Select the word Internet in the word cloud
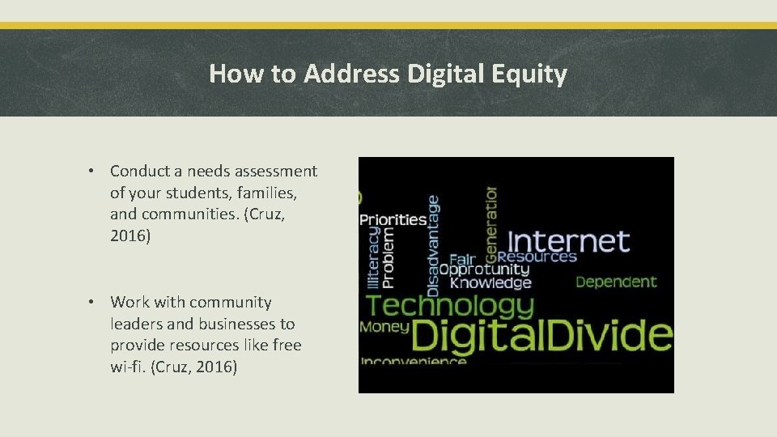[x=567, y=241]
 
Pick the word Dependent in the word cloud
[x=616, y=282]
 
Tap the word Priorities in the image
[x=393, y=219]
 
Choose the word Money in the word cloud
[x=384, y=327]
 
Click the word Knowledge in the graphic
[x=490, y=282]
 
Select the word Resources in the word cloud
[x=537, y=257]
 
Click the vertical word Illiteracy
[x=372, y=257]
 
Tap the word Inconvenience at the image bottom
[x=414, y=361]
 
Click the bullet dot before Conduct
[x=94, y=171]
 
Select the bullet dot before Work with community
[x=94, y=302]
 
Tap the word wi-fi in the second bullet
[x=127, y=367]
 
